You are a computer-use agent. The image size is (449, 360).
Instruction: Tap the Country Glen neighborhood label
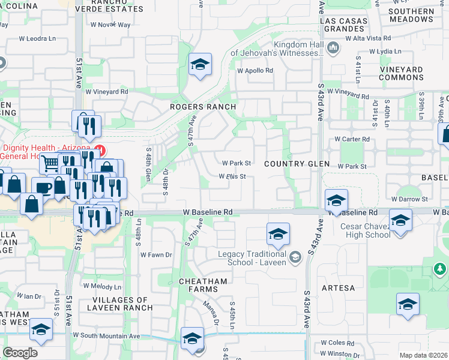point(297,164)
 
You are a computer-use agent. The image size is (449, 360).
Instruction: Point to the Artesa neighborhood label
point(338,288)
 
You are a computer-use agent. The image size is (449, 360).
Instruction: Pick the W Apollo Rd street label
point(255,70)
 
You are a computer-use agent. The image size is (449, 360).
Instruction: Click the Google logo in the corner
point(20,353)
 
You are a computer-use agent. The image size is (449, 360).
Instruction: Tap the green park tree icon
point(441,268)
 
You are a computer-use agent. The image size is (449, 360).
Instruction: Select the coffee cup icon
point(43,187)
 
